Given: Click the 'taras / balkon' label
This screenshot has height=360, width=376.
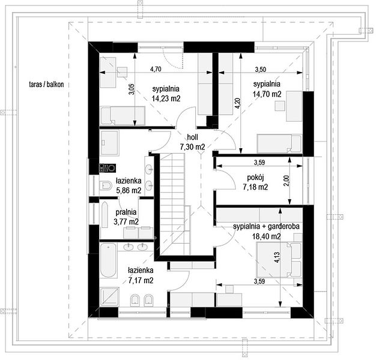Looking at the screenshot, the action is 46,85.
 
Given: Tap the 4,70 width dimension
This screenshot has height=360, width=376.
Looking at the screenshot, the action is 156,69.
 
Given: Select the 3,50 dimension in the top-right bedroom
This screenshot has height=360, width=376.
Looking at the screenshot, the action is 261,70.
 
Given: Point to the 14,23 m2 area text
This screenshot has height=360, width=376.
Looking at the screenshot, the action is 166,98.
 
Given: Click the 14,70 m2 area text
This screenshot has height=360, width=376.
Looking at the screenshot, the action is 267,94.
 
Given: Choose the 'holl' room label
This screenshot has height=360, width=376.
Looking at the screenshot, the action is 193,137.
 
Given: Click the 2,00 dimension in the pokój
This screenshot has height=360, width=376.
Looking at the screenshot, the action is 287,181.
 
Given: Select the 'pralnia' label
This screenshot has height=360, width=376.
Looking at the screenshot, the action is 126,212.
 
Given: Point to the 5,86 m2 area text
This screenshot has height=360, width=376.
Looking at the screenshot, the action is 129,190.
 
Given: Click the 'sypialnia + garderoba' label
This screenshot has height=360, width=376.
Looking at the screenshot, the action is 266,226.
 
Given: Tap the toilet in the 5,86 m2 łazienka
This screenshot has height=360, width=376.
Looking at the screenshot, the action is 106,185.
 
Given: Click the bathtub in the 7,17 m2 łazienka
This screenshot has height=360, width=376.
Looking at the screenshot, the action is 108,260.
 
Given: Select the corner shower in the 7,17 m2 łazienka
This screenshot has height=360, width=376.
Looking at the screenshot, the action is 109,297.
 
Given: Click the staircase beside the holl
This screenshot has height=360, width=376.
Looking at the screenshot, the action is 174,204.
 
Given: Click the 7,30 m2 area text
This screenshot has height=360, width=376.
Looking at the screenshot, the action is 193,147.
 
